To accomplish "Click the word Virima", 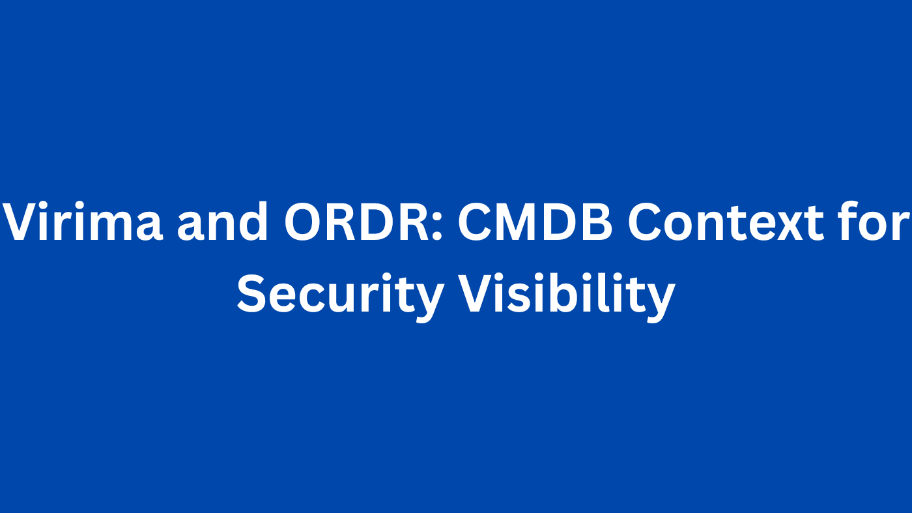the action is (83, 222).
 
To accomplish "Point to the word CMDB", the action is (535, 222).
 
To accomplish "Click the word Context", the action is (726, 222).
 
